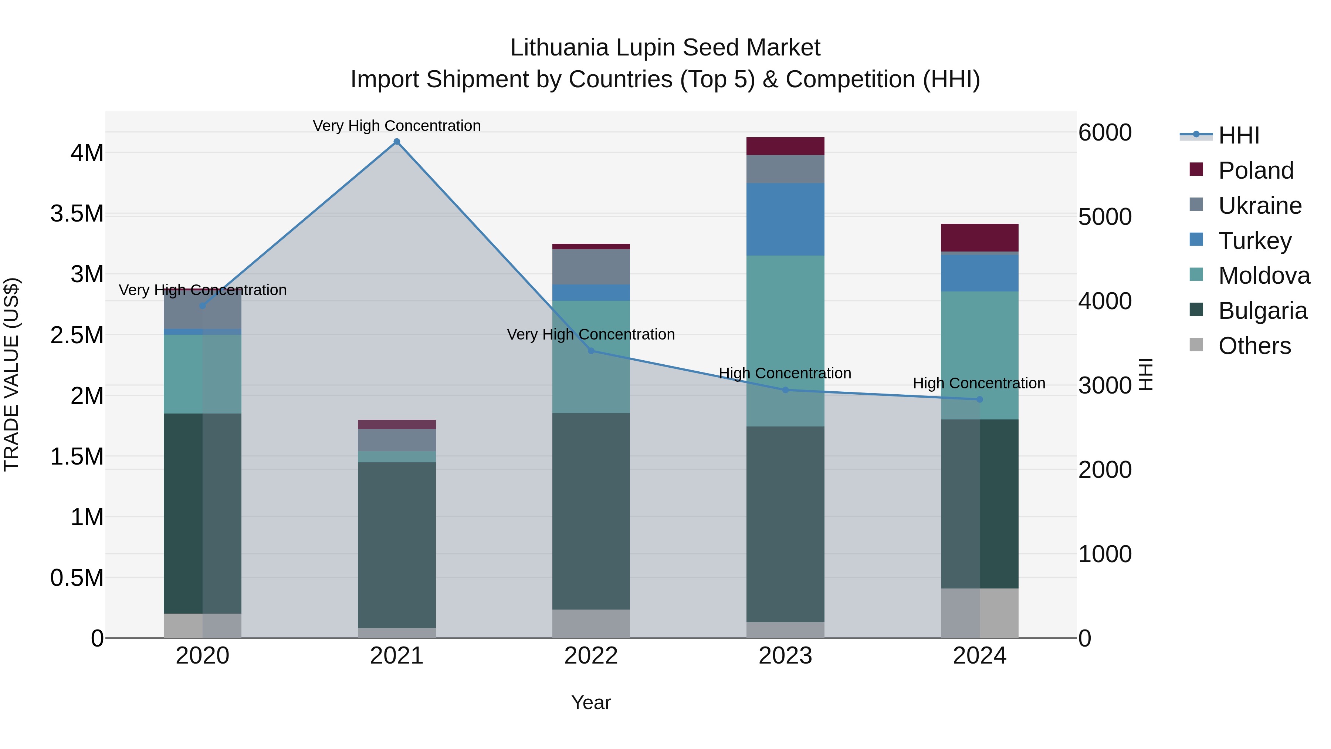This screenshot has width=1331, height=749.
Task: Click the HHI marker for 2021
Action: point(397,142)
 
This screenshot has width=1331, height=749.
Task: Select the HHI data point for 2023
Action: point(785,390)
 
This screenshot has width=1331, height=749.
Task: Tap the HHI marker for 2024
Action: point(980,399)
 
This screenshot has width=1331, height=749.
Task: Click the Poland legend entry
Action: point(1256,171)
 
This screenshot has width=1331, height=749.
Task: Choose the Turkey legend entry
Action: point(1254,241)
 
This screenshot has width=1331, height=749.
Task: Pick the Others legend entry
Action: point(1254,346)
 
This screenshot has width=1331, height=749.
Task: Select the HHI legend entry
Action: point(1239,135)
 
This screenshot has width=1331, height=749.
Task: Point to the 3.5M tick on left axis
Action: point(77,213)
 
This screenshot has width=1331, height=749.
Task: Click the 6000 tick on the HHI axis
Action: point(1105,132)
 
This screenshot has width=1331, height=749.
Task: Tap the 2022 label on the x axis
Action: point(591,656)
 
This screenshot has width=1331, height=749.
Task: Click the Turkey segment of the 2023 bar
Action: point(785,219)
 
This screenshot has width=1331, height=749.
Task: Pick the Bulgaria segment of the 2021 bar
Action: point(397,545)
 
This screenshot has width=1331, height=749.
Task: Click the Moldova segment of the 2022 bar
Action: point(591,357)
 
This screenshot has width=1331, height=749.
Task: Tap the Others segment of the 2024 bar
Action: point(980,613)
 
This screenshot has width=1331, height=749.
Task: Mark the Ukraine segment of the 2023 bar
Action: point(785,169)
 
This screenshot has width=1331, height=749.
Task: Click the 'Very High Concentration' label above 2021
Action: point(397,126)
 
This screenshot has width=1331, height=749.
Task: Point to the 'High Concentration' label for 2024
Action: point(979,383)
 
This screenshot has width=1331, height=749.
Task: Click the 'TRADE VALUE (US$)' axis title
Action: point(11,374)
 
